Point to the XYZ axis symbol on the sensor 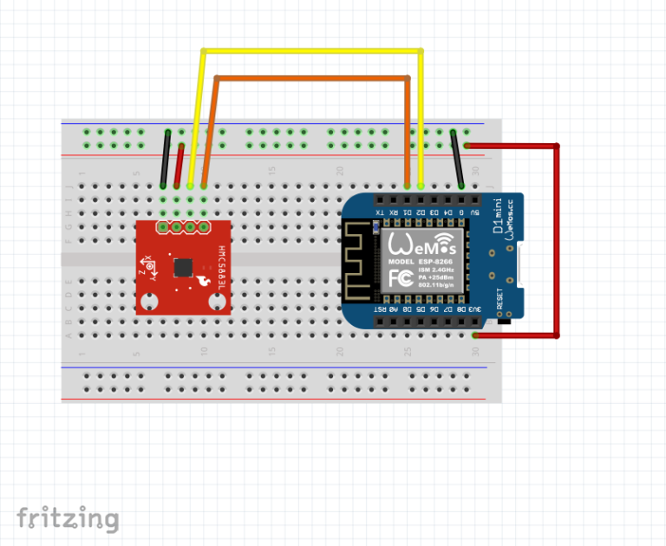click(150, 266)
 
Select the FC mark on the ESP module click(400, 278)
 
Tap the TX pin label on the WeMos click(379, 211)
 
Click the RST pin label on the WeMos click(379, 309)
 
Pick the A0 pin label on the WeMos click(393, 309)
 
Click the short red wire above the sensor click(179, 165)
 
